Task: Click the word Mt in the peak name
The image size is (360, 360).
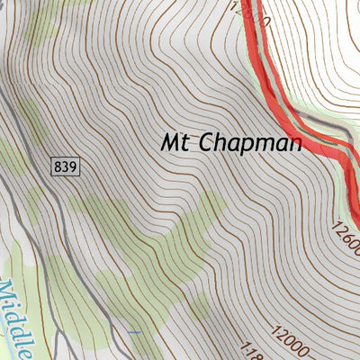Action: coord(175,142)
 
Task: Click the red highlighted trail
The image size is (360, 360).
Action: coord(270,72)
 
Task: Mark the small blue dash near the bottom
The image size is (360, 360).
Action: coord(134,333)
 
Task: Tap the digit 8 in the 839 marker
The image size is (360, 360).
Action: coord(58,166)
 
